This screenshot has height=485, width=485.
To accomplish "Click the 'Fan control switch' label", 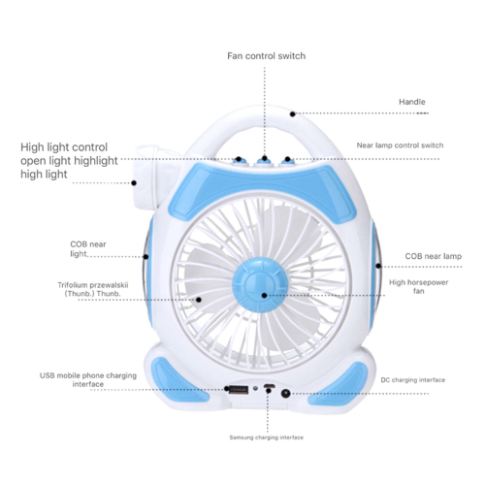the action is click(x=266, y=56).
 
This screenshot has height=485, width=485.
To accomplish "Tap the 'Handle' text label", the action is click(x=411, y=102).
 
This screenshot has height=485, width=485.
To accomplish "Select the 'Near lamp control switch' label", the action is click(x=400, y=145).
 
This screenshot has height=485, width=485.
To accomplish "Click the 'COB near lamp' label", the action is click(x=434, y=256).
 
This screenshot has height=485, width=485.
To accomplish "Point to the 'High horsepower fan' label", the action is click(x=418, y=286).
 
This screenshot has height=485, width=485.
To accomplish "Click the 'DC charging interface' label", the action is click(x=413, y=380).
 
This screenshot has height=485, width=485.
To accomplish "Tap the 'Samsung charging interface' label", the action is click(x=266, y=437).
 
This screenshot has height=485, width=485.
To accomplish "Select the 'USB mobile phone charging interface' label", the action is click(x=88, y=380).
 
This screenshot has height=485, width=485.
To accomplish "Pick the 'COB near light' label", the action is click(x=88, y=249).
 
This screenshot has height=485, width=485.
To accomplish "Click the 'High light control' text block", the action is click(x=69, y=161).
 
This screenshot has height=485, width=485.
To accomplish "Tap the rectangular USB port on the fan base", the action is click(x=239, y=389).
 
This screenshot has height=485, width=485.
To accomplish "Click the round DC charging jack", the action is click(x=285, y=394).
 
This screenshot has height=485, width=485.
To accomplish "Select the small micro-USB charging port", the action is click(x=269, y=386).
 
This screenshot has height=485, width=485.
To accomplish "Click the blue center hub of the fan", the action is click(x=260, y=285).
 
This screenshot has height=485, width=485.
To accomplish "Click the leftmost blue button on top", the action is click(x=238, y=160).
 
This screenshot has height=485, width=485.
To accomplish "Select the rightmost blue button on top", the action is click(x=287, y=160).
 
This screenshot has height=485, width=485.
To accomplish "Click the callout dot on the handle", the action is click(x=293, y=113).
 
